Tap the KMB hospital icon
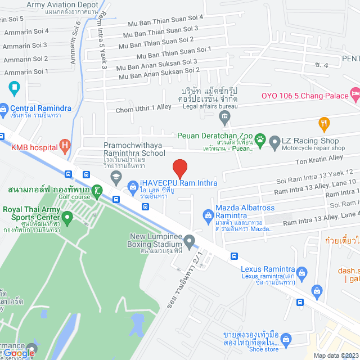click(x=65, y=148)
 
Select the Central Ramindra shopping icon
click(x=3, y=108)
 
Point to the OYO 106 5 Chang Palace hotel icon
click(x=355, y=93)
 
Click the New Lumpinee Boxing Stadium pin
click(x=190, y=241)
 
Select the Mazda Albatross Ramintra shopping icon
click(x=206, y=214)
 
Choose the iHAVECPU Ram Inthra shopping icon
click(x=133, y=184)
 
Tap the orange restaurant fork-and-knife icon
click(x=323, y=122)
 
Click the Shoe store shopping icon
click(x=286, y=339)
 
